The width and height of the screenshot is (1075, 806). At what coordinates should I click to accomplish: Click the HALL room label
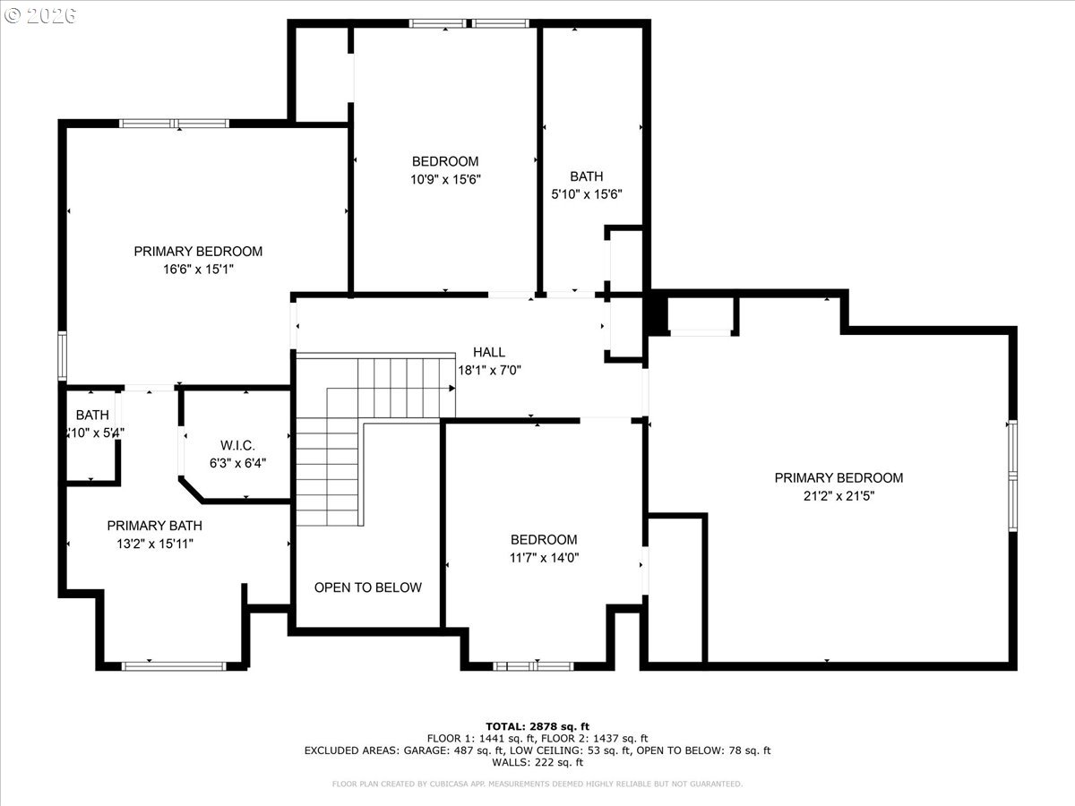coord(489,352)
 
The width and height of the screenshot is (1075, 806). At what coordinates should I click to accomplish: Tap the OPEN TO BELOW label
coord(367,587)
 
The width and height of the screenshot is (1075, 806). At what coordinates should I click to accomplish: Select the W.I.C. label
coord(237,445)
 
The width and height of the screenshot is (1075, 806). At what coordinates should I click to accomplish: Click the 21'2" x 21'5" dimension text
coord(838,495)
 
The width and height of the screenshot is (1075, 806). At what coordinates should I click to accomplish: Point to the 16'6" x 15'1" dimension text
coord(198,269)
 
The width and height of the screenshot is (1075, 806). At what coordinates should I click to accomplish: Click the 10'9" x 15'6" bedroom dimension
coord(445,178)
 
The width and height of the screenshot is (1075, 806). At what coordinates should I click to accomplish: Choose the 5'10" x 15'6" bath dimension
coord(587,193)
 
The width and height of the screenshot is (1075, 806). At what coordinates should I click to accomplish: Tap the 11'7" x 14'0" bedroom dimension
coord(544,557)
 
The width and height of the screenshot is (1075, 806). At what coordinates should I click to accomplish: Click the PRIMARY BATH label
coord(154,526)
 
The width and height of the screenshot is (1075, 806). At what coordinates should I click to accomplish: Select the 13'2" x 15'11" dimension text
coord(154,544)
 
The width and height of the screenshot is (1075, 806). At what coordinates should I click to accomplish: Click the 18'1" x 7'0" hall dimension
coord(489,369)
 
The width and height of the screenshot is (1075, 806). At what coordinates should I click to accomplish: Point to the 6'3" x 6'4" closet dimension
coord(237,463)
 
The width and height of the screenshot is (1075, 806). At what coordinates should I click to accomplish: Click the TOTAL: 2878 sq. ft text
coord(537,726)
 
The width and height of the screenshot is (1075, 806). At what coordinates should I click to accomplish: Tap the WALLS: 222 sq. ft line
coord(537,763)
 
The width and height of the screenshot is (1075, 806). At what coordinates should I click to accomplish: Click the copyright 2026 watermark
coord(40,15)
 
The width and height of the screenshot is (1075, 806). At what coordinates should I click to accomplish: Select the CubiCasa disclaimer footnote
coord(537,785)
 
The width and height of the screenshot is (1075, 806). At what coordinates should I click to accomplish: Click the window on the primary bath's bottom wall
coord(174,665)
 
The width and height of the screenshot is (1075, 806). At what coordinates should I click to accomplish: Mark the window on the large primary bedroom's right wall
coord(1012,476)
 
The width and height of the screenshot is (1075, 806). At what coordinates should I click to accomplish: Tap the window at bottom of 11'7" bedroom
coord(534,665)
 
